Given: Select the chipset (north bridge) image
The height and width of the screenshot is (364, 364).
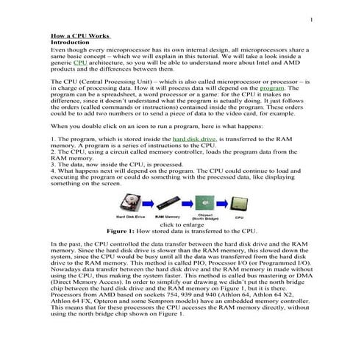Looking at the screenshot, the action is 203,201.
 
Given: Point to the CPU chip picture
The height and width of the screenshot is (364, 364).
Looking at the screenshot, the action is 239,200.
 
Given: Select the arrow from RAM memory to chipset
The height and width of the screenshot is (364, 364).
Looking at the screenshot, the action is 186,201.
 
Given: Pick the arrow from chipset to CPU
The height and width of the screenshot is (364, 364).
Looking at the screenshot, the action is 221,201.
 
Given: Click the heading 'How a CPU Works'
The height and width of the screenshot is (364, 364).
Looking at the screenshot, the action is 80,35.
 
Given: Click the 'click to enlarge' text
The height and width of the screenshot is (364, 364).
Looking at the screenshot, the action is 182,224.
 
